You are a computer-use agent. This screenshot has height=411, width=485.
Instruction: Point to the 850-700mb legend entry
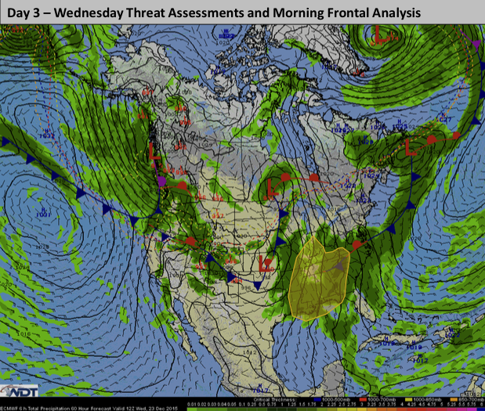coord(470,398)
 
